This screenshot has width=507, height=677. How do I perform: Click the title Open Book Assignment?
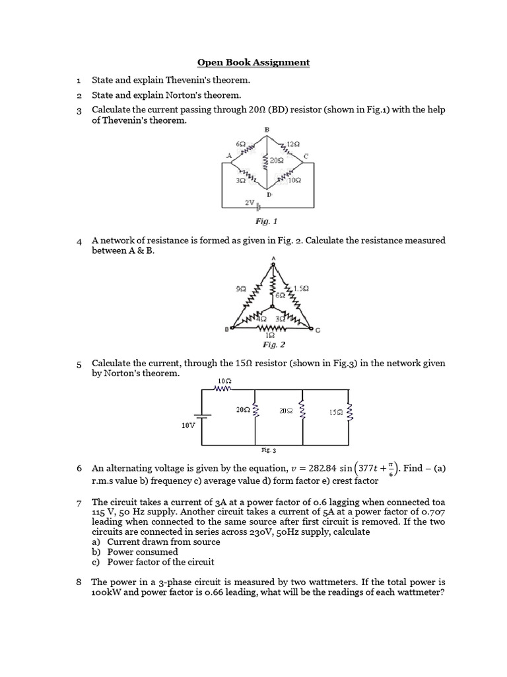pos(253,63)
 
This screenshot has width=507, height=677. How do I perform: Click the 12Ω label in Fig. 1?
pos(293,143)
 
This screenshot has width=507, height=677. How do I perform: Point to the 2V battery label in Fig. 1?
pos(250,203)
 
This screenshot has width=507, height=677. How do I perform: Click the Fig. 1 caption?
pos(272,223)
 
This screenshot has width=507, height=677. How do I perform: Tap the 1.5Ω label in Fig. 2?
pos(302,288)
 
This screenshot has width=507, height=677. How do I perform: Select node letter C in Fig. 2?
pos(318,331)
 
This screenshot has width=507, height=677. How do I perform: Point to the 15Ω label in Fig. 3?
pos(335,412)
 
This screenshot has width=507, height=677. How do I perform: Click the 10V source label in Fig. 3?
pos(188,426)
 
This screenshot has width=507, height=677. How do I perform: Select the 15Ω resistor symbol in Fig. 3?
pos(350,413)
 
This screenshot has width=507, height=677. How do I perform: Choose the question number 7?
pos(79,505)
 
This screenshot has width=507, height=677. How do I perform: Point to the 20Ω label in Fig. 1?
pos(277,160)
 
